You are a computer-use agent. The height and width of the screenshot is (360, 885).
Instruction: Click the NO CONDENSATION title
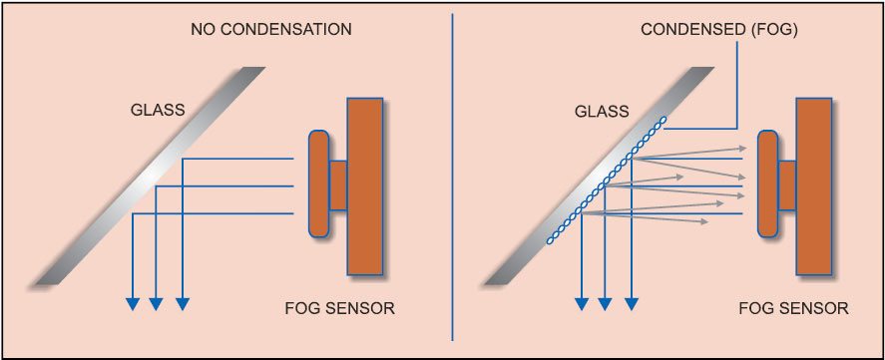click(270, 29)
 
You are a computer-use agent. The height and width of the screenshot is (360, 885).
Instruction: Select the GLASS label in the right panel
click(602, 110)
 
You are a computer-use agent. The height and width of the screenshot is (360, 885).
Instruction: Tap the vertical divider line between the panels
click(454, 180)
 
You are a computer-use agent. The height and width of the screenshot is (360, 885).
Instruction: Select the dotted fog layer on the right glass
click(604, 180)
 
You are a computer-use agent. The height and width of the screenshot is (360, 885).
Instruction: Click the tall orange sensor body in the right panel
click(815, 185)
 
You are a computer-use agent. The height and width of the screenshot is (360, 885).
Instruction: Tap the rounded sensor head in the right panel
click(768, 185)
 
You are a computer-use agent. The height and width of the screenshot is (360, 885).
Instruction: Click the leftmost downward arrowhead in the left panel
click(131, 304)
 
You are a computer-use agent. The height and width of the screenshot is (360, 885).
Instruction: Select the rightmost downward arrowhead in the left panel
click(182, 304)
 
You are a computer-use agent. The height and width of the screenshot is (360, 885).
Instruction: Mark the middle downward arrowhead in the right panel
click(605, 304)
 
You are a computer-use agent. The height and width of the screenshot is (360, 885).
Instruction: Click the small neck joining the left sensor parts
click(338, 185)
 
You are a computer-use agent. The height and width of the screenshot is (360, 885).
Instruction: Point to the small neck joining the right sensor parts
click(787, 185)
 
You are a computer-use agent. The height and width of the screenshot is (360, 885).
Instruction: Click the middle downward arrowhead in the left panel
click(156, 304)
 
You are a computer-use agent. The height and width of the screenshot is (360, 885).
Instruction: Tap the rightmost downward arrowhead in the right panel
click(631, 304)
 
